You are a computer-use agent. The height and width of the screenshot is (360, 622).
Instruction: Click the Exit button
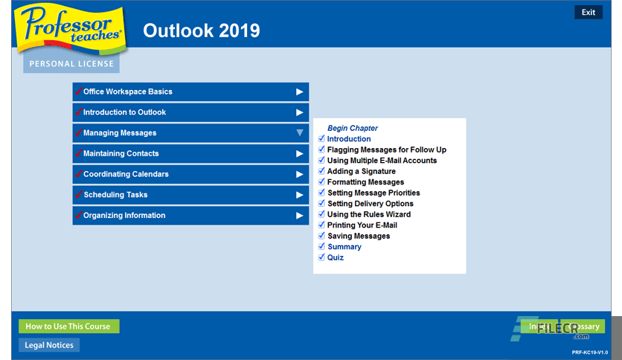(588, 12)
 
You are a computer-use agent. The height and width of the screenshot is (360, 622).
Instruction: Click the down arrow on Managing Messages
(300, 133)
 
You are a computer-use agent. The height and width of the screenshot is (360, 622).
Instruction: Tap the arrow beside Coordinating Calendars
(300, 174)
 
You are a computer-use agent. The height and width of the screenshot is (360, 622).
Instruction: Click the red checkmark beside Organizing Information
(78, 215)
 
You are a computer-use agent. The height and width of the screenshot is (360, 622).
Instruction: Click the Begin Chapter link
(353, 128)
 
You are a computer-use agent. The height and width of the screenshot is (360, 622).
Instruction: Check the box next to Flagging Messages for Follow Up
(321, 150)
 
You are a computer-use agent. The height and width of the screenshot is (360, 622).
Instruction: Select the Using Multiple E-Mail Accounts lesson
(382, 161)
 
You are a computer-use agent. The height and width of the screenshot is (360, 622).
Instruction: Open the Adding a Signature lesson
(361, 171)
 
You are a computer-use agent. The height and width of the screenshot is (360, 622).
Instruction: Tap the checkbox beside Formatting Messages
(321, 182)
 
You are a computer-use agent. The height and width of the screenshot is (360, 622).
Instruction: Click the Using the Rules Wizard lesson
(368, 214)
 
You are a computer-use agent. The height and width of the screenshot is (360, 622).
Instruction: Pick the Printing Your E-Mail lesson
(362, 225)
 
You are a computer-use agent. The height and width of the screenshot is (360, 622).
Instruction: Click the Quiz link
(336, 257)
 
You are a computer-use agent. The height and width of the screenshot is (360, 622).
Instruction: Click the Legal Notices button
(49, 345)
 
